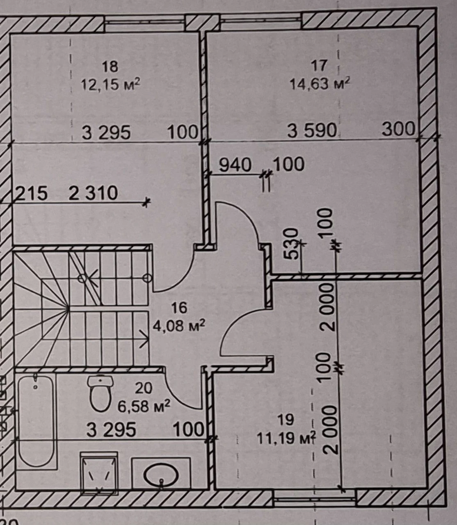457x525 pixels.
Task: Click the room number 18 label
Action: point(110,67)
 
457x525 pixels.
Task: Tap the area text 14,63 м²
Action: point(320,83)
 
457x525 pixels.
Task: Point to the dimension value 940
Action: point(235,165)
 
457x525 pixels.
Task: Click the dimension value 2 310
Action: point(93,193)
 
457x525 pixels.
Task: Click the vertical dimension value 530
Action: point(292,244)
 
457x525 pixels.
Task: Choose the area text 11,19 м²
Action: point(286,438)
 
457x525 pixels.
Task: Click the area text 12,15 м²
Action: point(111,84)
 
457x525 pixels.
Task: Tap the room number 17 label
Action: point(319,66)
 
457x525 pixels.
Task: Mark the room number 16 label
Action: point(179,308)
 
